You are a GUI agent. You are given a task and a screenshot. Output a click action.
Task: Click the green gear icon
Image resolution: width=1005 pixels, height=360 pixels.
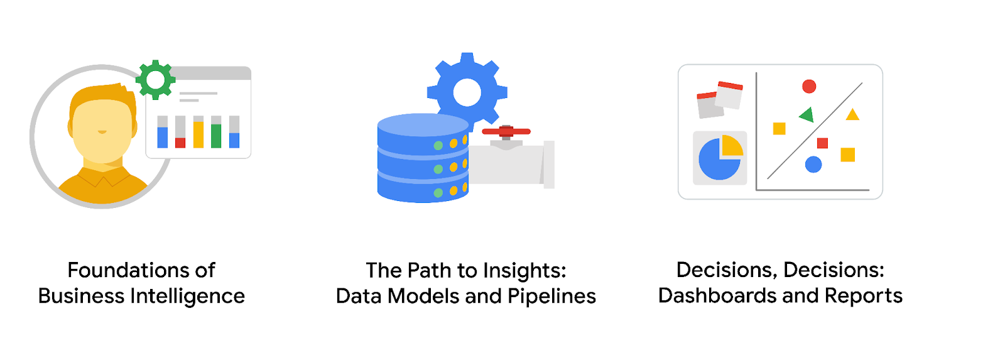click(x=155, y=80)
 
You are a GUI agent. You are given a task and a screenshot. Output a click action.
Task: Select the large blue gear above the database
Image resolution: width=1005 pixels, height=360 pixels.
click(x=467, y=92)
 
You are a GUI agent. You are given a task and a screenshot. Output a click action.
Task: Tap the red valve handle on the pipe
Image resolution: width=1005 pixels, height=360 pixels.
click(x=506, y=131)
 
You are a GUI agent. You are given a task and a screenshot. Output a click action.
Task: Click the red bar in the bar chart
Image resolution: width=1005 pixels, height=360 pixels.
click(x=180, y=143)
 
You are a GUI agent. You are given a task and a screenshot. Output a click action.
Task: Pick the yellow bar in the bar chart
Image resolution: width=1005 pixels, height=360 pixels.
click(x=198, y=134)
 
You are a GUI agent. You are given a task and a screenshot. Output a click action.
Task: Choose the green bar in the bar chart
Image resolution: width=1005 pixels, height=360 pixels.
click(x=216, y=136)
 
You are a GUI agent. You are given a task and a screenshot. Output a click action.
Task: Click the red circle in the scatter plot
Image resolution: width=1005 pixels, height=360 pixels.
click(x=809, y=86)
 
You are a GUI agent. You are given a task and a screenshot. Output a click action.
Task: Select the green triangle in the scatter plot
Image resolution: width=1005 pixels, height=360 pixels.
click(x=807, y=114)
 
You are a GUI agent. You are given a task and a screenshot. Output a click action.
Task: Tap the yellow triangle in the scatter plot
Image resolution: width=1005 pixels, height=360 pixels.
click(x=852, y=115)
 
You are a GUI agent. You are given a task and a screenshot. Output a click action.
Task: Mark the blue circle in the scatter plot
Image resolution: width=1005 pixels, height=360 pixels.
click(x=813, y=165)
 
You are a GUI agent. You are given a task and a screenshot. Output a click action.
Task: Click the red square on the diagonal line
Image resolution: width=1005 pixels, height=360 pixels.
click(x=822, y=143)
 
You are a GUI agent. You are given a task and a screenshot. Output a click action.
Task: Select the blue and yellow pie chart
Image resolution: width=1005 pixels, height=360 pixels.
click(x=720, y=158)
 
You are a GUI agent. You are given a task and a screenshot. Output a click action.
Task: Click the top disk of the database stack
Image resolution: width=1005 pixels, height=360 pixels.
click(x=422, y=126)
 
